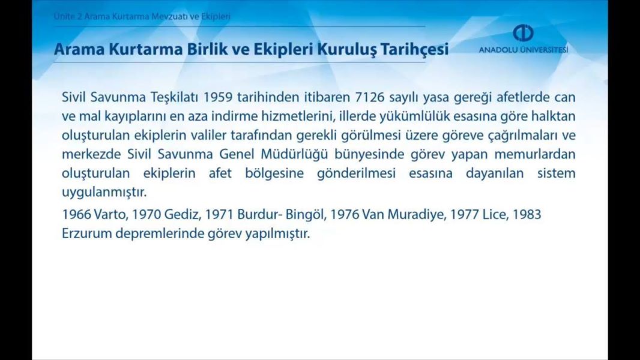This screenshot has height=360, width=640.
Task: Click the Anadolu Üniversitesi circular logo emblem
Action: click(523, 32)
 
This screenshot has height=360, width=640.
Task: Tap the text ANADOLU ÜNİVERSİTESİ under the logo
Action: click(524, 50)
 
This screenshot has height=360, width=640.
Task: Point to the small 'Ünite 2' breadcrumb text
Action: click(67, 17)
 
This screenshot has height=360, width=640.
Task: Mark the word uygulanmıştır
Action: click(104, 193)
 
